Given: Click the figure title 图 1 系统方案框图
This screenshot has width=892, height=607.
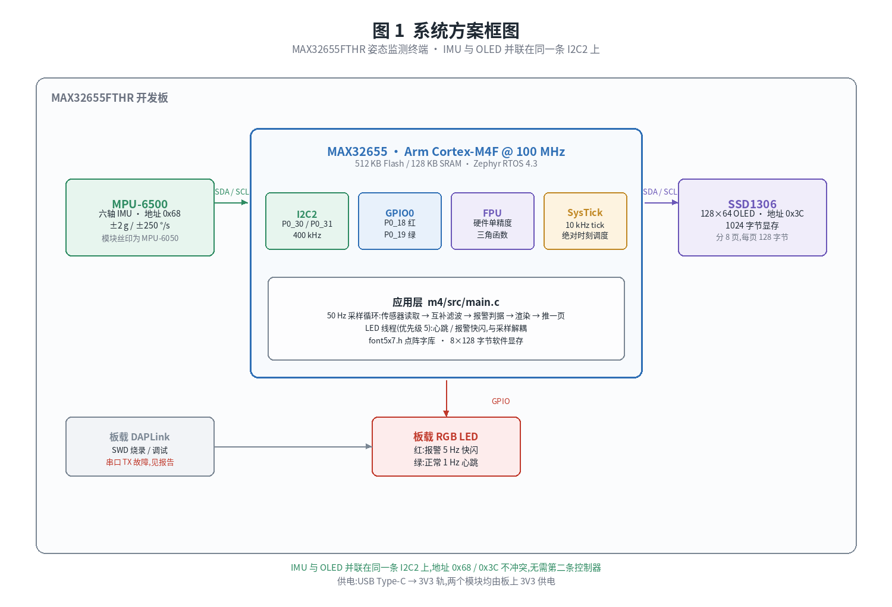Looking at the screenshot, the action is click(x=445, y=31).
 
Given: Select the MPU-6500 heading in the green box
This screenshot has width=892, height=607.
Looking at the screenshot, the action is click(x=140, y=204).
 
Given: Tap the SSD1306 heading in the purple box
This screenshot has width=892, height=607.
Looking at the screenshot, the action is click(x=752, y=204).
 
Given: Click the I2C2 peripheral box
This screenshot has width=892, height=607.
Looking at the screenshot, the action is click(x=307, y=221).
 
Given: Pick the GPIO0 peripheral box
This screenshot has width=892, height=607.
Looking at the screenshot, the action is click(x=400, y=221).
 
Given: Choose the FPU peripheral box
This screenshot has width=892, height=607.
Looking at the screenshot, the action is click(x=492, y=221).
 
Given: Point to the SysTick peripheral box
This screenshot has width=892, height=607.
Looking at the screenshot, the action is click(x=585, y=221).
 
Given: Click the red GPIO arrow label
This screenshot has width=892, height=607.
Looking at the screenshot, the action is click(x=501, y=401).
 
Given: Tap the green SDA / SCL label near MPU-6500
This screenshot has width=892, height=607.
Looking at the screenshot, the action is click(x=232, y=192).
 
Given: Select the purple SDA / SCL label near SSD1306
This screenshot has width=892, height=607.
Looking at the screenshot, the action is click(x=660, y=192).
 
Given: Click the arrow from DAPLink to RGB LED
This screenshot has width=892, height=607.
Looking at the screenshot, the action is click(x=293, y=447).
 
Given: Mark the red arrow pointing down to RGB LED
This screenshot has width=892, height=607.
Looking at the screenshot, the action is click(x=447, y=399).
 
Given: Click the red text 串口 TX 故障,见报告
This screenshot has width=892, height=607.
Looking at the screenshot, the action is click(x=140, y=462).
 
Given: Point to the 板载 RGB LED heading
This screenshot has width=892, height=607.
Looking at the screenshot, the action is click(x=445, y=437).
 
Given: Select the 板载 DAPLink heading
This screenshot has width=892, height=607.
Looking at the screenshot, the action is click(x=139, y=437).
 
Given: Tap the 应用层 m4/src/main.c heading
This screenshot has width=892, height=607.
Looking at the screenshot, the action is click(x=445, y=302).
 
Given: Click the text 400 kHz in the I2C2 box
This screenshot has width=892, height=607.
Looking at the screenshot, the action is click(x=307, y=235).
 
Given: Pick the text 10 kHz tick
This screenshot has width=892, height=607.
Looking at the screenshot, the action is click(x=585, y=225).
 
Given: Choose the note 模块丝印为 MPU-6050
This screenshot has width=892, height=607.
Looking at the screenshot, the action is click(x=140, y=238).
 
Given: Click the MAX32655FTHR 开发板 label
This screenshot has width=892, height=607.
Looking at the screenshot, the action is click(x=109, y=98).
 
